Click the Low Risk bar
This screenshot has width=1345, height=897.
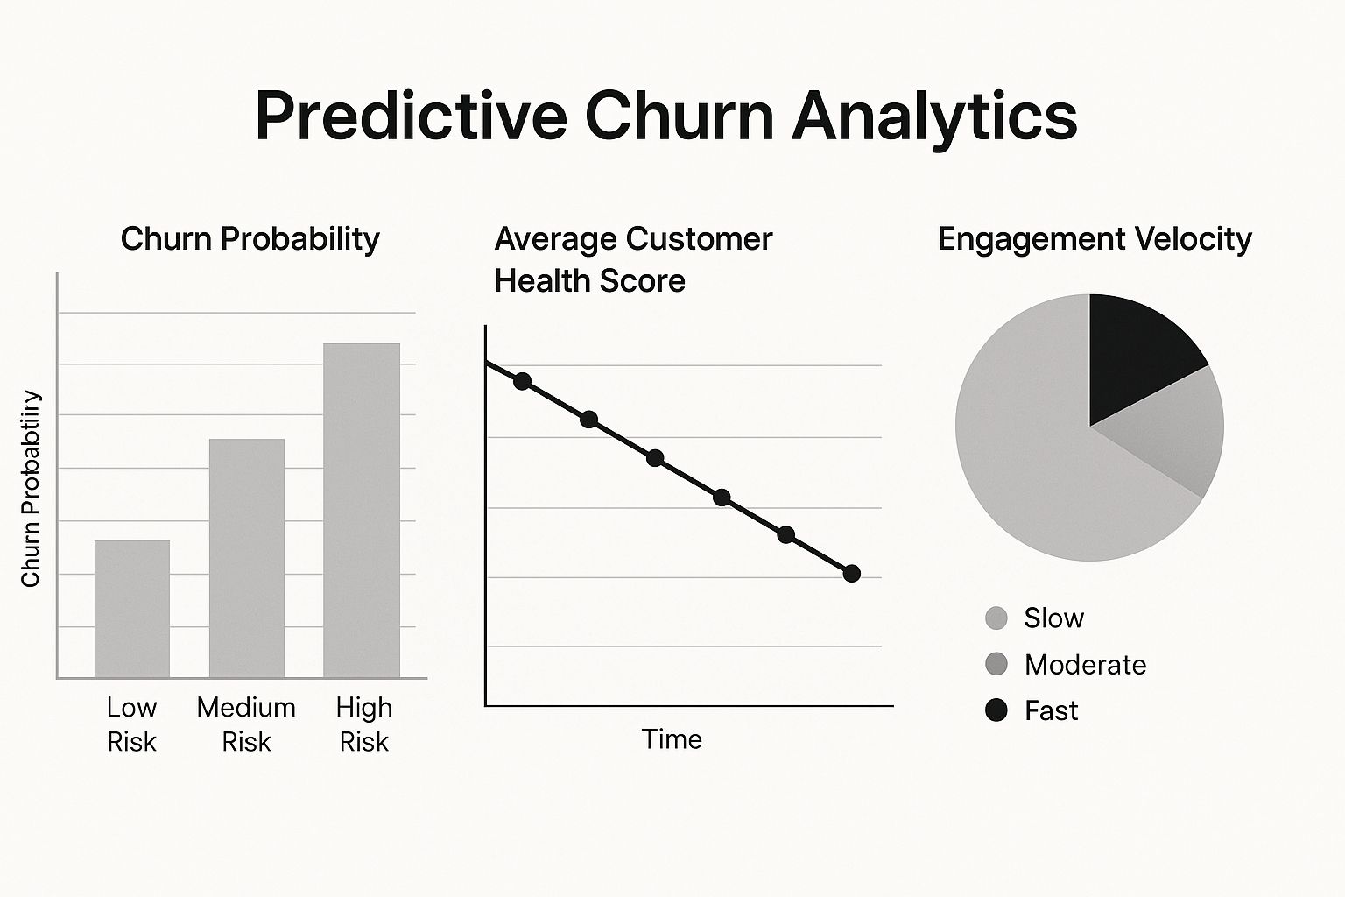click(132, 609)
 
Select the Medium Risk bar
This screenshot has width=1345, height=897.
click(247, 558)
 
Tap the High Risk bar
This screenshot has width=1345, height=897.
click(362, 510)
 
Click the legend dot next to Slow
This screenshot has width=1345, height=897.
click(996, 618)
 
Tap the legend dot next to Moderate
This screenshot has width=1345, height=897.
click(996, 665)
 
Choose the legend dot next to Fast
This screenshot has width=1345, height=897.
click(996, 710)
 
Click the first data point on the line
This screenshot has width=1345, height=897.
click(523, 381)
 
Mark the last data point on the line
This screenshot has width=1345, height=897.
click(852, 574)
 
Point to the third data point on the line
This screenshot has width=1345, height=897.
click(655, 458)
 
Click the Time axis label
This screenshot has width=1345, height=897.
click(672, 739)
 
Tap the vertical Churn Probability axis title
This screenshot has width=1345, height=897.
click(32, 489)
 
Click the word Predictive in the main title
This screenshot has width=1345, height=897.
click(411, 117)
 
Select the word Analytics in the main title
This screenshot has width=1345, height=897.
click(934, 117)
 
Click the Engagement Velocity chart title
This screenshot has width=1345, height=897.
click(1095, 239)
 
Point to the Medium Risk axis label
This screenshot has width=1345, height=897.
click(246, 724)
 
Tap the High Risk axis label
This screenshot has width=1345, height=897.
click(364, 724)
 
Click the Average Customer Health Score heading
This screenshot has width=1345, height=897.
click(632, 259)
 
